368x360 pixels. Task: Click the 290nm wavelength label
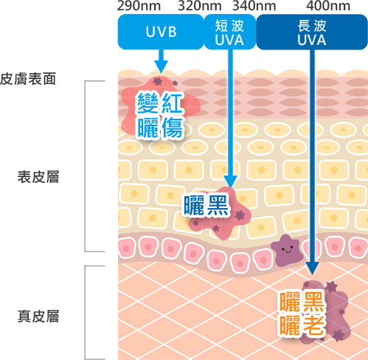(x=139, y=6)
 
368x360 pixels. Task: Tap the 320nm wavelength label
(x=200, y=6)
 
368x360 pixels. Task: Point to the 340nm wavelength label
(x=254, y=6)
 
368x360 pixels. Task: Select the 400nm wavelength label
(x=328, y=6)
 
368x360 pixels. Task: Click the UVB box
(x=161, y=32)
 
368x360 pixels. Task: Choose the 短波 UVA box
(x=230, y=32)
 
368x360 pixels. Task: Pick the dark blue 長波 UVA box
(x=312, y=32)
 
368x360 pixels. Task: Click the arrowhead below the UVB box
(x=161, y=66)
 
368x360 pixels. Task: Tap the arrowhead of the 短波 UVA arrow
(x=230, y=182)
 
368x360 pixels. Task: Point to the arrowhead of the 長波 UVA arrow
(x=312, y=269)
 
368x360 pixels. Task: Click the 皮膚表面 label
(x=28, y=79)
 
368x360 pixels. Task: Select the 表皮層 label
(x=38, y=177)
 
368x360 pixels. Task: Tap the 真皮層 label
(x=38, y=316)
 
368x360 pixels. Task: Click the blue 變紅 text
(x=160, y=103)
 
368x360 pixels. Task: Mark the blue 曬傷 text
(x=160, y=128)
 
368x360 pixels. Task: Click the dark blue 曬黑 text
(x=206, y=205)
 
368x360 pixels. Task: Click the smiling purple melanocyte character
(x=287, y=250)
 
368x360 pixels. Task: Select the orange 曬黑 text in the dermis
(x=302, y=302)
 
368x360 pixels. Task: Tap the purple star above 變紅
(x=158, y=80)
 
